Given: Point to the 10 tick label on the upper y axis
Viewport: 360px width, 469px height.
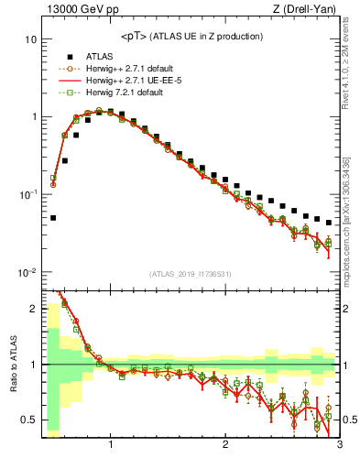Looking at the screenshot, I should [x=30, y=40].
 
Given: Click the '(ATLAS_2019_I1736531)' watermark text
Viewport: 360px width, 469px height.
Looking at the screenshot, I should [x=190, y=273].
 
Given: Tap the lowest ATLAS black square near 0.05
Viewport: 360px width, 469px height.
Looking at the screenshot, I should [x=53, y=218].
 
